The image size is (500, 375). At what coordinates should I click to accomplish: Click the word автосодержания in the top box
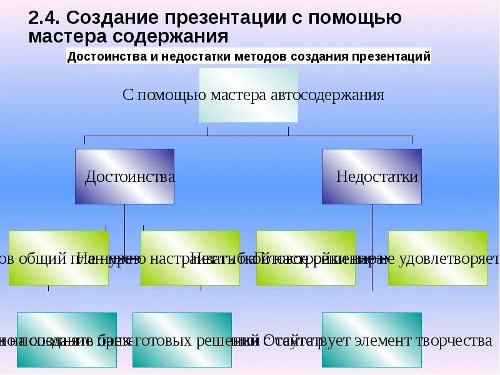coord(328,95)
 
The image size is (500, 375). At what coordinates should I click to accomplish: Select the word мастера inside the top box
coord(239,95)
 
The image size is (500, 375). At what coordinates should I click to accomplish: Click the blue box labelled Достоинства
coord(125,176)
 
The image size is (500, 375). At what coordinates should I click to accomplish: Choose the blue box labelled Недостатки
coord(372,176)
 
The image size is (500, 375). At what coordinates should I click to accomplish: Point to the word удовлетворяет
coord(453,258)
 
